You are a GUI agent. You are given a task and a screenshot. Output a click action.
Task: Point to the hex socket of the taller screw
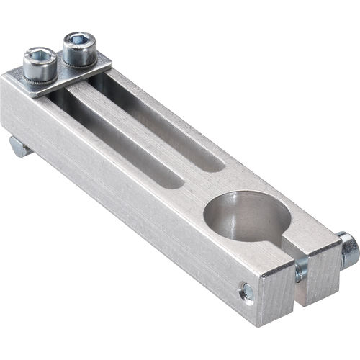pyautogui.click(x=78, y=38)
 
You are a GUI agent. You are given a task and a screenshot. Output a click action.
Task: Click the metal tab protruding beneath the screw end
pyautogui.click(x=19, y=147)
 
